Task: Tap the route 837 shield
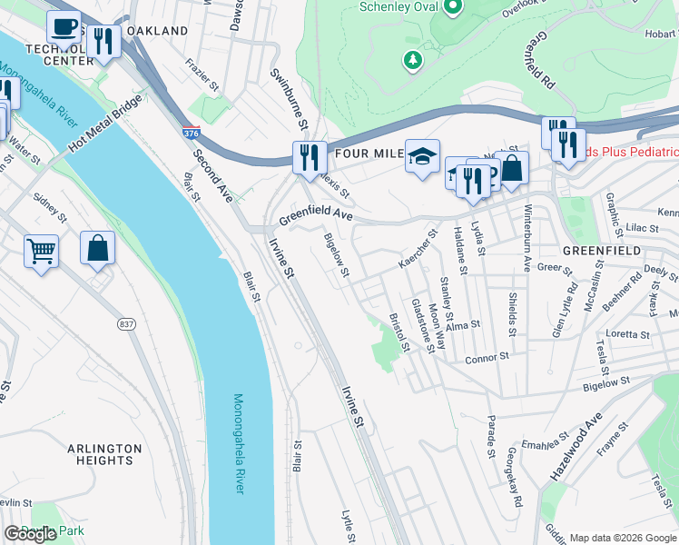125,324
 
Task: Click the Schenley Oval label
399,7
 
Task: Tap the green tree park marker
413,60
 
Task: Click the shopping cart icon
41,250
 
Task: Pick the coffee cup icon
64,27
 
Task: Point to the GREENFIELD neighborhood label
601,250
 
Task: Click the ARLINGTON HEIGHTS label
104,454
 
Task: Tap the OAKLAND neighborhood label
157,31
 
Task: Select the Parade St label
489,436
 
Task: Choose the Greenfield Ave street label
315,215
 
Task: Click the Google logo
30,534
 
